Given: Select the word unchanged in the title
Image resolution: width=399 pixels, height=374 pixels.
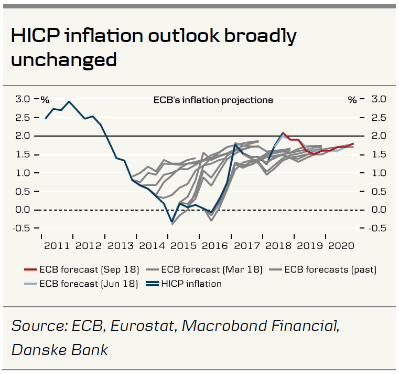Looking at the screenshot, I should pyautogui.click(x=63, y=59).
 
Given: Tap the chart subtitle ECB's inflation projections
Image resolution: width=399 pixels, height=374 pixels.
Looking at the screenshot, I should pyautogui.click(x=213, y=100).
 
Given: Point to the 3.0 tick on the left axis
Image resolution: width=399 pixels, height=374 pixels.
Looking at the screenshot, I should pyautogui.click(x=23, y=99).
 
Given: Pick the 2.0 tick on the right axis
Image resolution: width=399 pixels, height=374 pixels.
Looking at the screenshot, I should pyautogui.click(x=379, y=136).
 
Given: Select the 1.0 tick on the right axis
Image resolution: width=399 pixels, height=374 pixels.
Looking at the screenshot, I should pyautogui.click(x=379, y=173).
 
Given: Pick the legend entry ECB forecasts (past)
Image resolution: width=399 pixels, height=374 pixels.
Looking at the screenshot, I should pyautogui.click(x=330, y=270).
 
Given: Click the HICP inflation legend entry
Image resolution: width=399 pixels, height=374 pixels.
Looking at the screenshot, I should pyautogui.click(x=191, y=284).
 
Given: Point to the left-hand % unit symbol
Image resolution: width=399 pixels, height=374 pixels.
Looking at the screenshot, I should pyautogui.click(x=45, y=100).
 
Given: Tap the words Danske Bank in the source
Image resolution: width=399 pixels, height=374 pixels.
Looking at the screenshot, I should pyautogui.click(x=59, y=349).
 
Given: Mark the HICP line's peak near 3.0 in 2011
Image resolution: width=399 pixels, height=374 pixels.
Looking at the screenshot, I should pyautogui.click(x=70, y=101).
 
